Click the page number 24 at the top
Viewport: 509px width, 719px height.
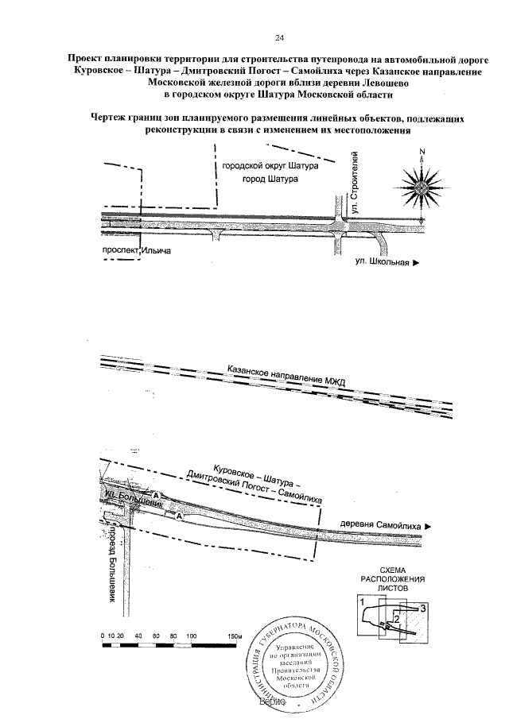(x=279, y=37)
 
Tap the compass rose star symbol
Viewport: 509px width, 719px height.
(x=422, y=189)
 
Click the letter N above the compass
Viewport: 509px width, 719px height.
(x=422, y=152)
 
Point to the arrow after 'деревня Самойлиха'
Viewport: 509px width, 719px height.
(x=428, y=525)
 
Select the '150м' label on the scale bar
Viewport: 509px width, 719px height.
(x=234, y=636)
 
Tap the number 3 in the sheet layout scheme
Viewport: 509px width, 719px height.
(x=424, y=607)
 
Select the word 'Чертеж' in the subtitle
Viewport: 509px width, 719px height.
(x=112, y=119)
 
